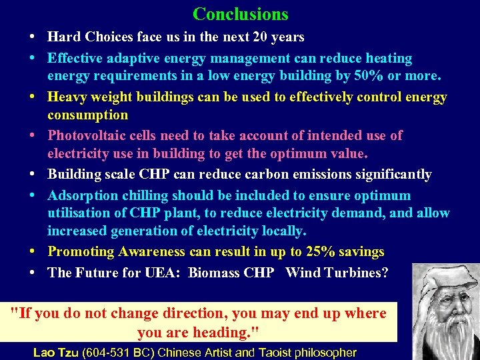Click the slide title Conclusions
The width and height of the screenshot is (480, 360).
240,13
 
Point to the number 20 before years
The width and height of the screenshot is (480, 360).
261,37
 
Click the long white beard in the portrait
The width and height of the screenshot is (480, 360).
449,333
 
